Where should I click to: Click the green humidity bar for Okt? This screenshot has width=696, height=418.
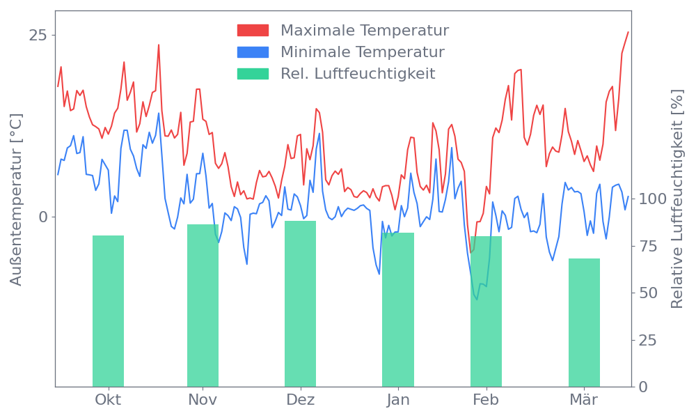point(108,311)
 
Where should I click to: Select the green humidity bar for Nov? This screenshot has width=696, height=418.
point(203,305)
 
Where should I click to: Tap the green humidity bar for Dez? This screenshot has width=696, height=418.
point(300,304)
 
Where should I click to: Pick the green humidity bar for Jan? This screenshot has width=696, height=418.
point(398,309)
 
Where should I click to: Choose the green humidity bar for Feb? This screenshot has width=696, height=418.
point(486,311)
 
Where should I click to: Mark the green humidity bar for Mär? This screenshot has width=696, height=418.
point(584,322)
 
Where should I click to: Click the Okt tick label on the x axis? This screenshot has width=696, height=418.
point(108,400)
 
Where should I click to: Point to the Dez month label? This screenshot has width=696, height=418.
point(300,400)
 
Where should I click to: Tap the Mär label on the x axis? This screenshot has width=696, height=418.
point(584,400)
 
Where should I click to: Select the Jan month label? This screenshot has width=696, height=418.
point(398,400)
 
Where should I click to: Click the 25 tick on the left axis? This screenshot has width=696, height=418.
point(38,36)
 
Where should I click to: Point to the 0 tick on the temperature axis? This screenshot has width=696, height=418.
point(43,217)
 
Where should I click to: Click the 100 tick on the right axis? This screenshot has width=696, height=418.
point(653,199)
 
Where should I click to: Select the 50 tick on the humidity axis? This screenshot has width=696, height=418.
point(648,293)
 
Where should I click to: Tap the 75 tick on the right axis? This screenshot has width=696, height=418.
point(648,246)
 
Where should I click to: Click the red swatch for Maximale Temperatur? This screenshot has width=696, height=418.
point(253,31)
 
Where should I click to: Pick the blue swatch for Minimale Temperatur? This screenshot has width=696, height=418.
point(253,52)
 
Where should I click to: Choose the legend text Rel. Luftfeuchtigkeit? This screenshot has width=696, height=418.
point(358,74)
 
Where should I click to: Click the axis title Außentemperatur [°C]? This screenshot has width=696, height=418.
point(16,200)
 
